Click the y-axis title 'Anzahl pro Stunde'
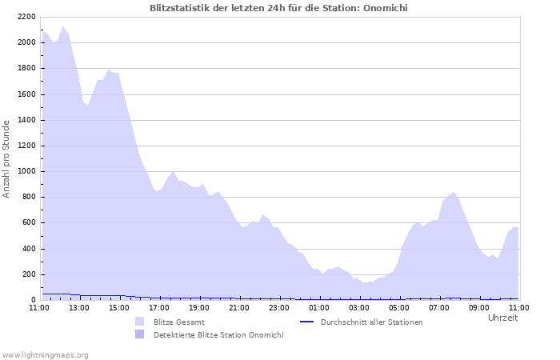point(6,158)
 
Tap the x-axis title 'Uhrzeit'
point(502,318)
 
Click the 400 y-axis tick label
point(28,249)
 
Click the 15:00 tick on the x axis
point(119,306)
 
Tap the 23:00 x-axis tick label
point(279,306)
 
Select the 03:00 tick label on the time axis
point(359,306)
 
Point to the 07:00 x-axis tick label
point(439,306)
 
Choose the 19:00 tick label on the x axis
point(199,306)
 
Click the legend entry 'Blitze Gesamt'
point(173,322)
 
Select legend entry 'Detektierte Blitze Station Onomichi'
point(218,334)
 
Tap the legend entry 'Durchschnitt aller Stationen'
point(371,322)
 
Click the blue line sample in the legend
point(306,322)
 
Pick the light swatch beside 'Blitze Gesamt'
point(140,322)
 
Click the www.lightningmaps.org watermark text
point(46,354)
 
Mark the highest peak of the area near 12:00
point(62,26)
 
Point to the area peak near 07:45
point(454,192)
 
